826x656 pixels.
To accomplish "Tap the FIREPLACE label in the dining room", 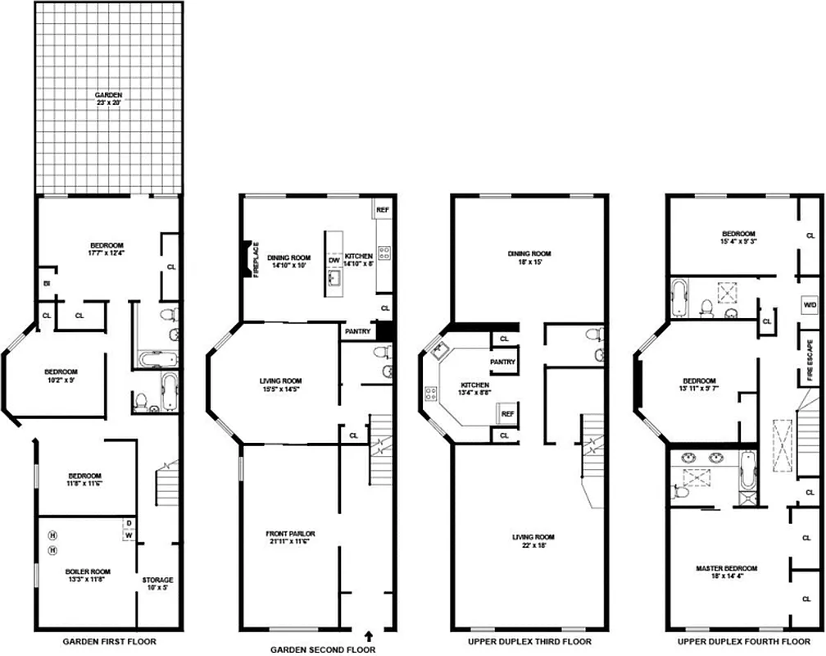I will click(x=256, y=260).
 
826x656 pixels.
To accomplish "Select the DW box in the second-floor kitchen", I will click(x=334, y=261).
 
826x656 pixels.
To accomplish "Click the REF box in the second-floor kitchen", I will click(x=382, y=210).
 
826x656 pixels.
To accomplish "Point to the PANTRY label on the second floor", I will click(x=358, y=331).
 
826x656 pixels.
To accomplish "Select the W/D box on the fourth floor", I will click(x=810, y=304).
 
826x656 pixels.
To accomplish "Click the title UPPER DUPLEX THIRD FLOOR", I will click(x=529, y=641).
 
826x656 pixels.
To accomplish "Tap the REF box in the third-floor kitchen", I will click(x=507, y=414).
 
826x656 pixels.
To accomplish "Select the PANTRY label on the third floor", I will click(x=502, y=362).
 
